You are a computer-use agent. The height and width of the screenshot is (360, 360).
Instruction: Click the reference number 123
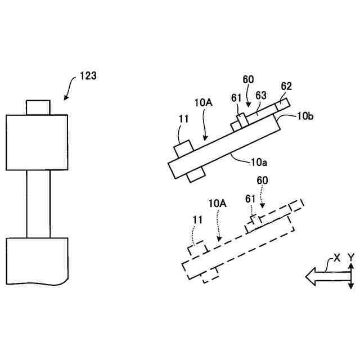[x=88, y=75]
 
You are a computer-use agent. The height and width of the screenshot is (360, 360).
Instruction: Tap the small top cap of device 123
[x=38, y=107]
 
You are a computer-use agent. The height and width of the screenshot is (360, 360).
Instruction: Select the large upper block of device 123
[x=37, y=142]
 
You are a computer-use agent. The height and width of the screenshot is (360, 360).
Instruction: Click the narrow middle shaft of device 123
[x=38, y=203]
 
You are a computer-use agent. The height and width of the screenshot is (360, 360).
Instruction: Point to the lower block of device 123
[x=37, y=260]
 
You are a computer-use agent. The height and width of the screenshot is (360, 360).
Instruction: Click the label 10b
[x=305, y=116]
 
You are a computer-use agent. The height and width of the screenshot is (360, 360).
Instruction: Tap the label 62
[x=286, y=87]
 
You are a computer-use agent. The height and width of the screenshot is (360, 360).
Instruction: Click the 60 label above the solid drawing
[x=249, y=79]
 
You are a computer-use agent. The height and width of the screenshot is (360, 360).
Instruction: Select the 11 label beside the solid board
[x=183, y=119]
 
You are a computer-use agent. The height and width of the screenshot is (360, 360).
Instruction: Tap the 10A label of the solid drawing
[x=203, y=102]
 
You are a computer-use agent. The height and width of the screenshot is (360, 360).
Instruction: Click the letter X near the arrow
[x=337, y=258]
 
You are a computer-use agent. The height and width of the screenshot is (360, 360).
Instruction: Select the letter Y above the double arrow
[x=351, y=257]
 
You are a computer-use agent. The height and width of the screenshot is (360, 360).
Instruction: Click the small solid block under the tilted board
[x=196, y=174]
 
